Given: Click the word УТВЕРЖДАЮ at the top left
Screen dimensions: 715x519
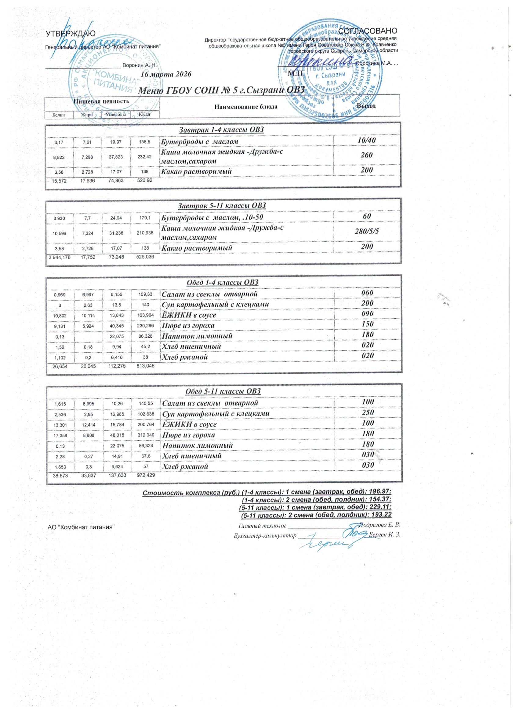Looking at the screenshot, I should click(68, 33).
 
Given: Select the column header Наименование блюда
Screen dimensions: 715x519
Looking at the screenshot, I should click(246, 106).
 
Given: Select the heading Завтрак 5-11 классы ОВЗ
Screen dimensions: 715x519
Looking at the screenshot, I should click(222, 206).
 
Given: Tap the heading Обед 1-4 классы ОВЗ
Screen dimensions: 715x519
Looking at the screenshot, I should click(223, 282).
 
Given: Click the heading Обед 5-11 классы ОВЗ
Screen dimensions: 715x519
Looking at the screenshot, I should click(223, 391).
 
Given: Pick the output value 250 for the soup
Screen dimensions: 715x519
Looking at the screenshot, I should click(367, 413).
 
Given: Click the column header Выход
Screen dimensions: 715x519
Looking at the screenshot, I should click(367, 106).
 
